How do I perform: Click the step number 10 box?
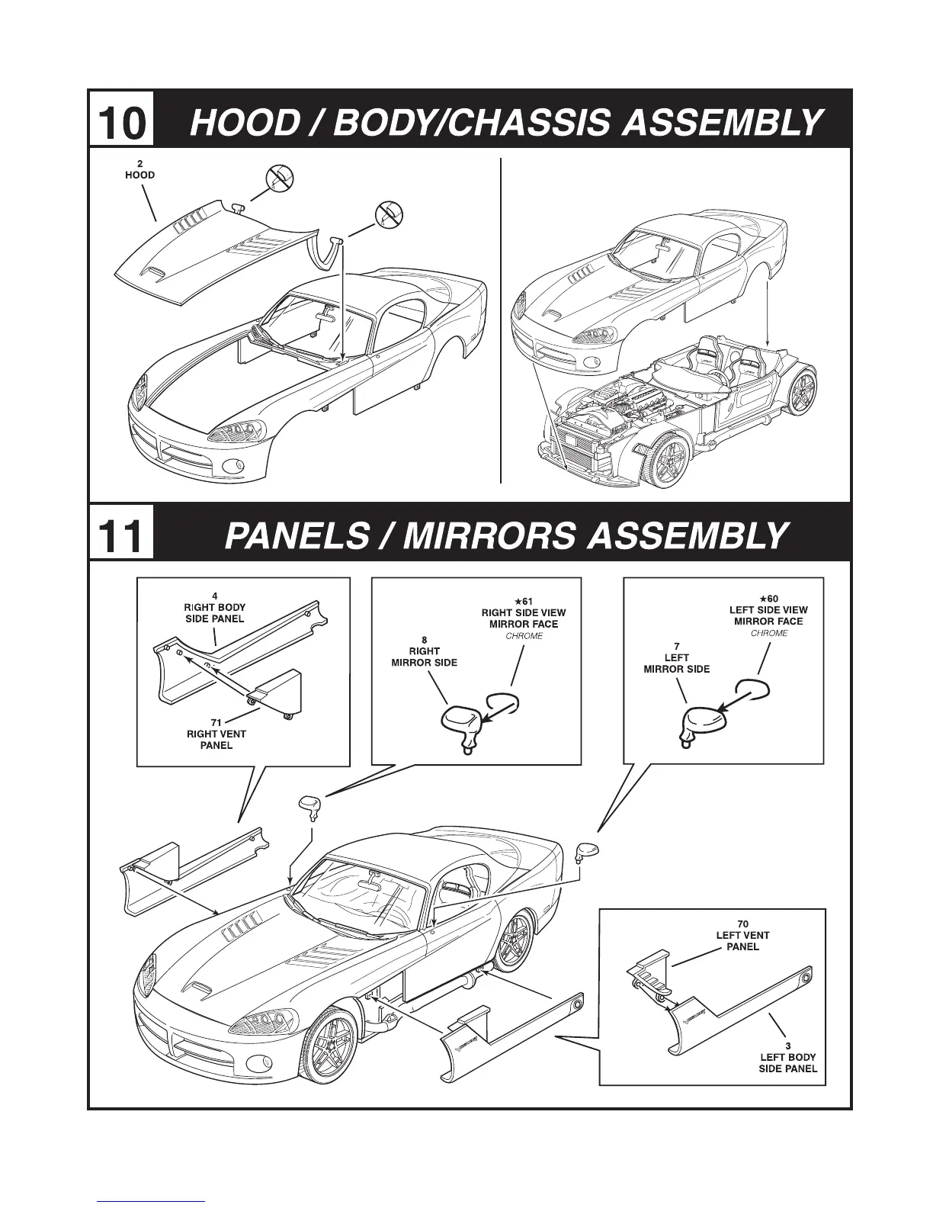pos(121,120)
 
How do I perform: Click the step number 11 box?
pos(121,533)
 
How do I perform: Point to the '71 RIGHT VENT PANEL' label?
pos(216,734)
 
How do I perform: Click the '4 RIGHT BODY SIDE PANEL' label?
pos(215,608)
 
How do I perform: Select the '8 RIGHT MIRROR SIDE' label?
pos(424,651)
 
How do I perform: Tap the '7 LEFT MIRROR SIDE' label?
pos(676,657)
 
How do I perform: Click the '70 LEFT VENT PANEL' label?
pos(742,935)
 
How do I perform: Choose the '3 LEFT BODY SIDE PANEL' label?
pos(788,1057)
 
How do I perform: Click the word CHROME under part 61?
pos(524,636)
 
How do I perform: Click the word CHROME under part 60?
pos(769,633)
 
